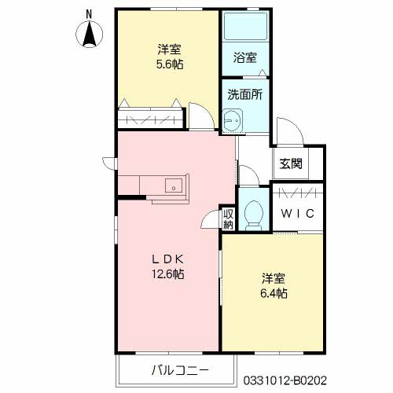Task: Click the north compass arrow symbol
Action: click(x=89, y=35)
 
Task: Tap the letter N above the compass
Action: click(x=89, y=13)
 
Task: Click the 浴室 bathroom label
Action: click(x=244, y=57)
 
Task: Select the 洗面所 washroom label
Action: click(x=244, y=94)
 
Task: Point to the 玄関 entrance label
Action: click(x=290, y=164)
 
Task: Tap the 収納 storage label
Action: click(x=228, y=219)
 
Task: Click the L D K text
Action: click(x=167, y=259)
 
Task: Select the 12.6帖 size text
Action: click(x=167, y=274)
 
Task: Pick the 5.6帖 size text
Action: click(x=168, y=64)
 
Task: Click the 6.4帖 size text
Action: click(x=273, y=293)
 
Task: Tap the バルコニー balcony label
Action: click(x=178, y=369)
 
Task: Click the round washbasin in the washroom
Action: click(x=231, y=121)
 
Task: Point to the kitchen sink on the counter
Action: click(x=173, y=185)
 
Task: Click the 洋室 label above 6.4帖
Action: click(x=273, y=278)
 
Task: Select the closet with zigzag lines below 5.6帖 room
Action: click(x=150, y=120)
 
